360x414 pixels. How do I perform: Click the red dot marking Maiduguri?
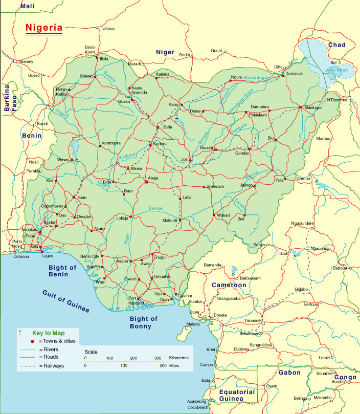tap(300, 107)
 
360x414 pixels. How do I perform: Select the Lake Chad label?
tap(336, 70)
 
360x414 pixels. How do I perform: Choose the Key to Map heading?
tap(49, 332)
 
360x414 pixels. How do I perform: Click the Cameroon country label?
tap(229, 285)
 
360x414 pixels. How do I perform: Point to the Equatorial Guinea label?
tap(236, 395)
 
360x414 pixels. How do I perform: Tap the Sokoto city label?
tap(86, 76)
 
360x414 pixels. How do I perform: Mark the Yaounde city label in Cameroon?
tap(252, 320)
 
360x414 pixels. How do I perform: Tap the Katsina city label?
tap(163, 74)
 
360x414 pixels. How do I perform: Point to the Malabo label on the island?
tap(192, 324)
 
